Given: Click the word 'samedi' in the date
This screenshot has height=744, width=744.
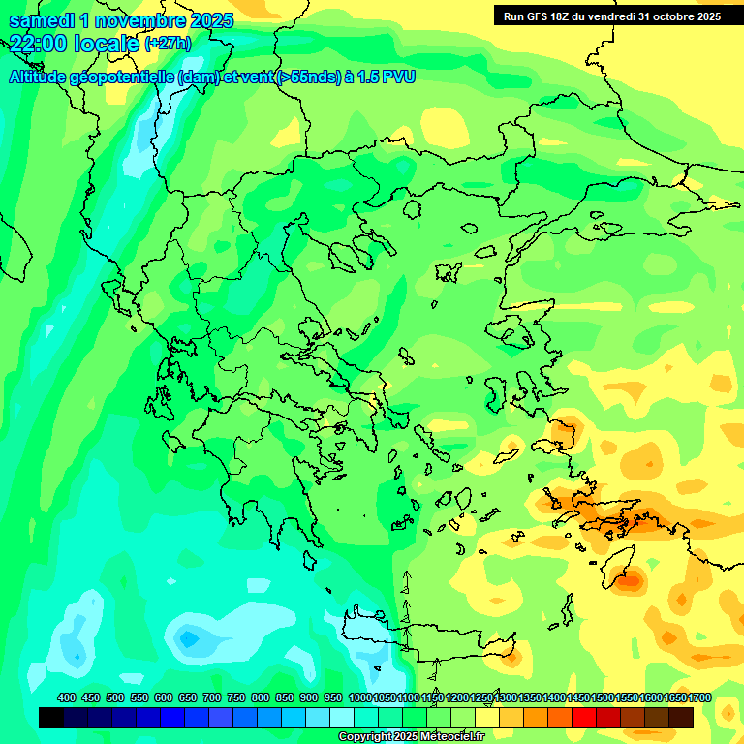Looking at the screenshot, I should (x=41, y=20).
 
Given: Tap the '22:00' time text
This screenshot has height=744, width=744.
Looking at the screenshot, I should (x=38, y=43).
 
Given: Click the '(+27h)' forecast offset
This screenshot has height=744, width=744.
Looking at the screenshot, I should (x=168, y=44).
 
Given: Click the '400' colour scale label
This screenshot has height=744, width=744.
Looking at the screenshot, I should (x=67, y=697).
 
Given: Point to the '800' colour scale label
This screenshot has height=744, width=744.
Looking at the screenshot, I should (x=261, y=697).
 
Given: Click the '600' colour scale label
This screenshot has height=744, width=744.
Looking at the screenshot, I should (x=164, y=697).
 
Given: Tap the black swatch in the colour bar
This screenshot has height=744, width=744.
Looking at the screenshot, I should (x=51, y=717).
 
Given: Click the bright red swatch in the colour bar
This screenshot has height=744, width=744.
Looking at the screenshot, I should (x=584, y=717).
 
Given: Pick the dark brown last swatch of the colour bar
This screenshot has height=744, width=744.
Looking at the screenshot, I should (x=681, y=717).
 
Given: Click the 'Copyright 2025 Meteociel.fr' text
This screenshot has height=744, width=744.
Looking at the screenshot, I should (x=409, y=736).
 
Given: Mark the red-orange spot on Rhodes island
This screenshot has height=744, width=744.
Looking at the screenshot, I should (x=631, y=582).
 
